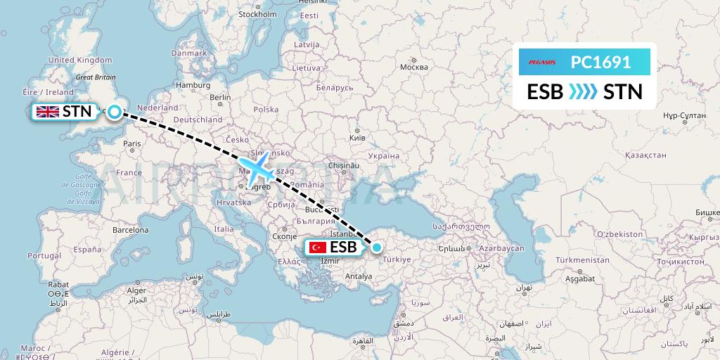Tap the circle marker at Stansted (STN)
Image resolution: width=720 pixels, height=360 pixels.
tap(113, 111)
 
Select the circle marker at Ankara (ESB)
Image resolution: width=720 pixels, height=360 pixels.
tap(378, 247)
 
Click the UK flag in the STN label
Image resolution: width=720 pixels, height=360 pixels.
tap(48, 111)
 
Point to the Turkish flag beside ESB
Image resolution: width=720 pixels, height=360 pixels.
tap(318, 247)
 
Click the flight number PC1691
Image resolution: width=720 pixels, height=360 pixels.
tap(600, 62)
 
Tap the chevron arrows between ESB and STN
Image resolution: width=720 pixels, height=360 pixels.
tap(584, 91)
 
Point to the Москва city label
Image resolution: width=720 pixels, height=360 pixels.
tap(413, 67)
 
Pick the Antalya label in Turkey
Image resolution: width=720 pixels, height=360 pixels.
tap(358, 276)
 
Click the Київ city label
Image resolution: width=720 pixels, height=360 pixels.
tap(358, 138)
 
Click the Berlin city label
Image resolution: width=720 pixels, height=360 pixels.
tap(219, 97)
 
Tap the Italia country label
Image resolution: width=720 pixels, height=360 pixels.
tap(224, 229)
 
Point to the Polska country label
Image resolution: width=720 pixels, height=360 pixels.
tap(266, 110)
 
